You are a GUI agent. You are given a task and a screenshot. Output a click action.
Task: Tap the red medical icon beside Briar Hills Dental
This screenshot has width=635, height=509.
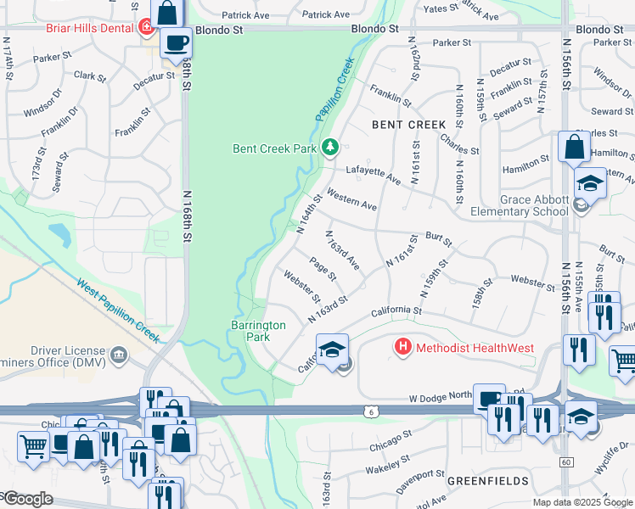(147, 27)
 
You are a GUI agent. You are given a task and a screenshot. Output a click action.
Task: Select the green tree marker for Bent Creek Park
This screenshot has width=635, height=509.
(330, 148)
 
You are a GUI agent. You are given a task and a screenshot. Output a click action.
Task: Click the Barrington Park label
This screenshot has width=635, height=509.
(258, 330)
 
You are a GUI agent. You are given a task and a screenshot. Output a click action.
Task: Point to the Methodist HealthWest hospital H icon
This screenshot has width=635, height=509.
(402, 347)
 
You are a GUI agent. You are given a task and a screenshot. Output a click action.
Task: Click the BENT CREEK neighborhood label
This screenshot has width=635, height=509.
(408, 125)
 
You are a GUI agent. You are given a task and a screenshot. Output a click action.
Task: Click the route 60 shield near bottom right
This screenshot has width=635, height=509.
(566, 461)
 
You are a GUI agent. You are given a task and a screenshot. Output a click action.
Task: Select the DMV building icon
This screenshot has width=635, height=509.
(119, 353)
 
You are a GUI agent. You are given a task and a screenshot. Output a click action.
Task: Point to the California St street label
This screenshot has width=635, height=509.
(396, 311)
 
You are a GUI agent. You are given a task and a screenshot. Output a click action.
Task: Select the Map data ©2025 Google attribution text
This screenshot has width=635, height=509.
(583, 502)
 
